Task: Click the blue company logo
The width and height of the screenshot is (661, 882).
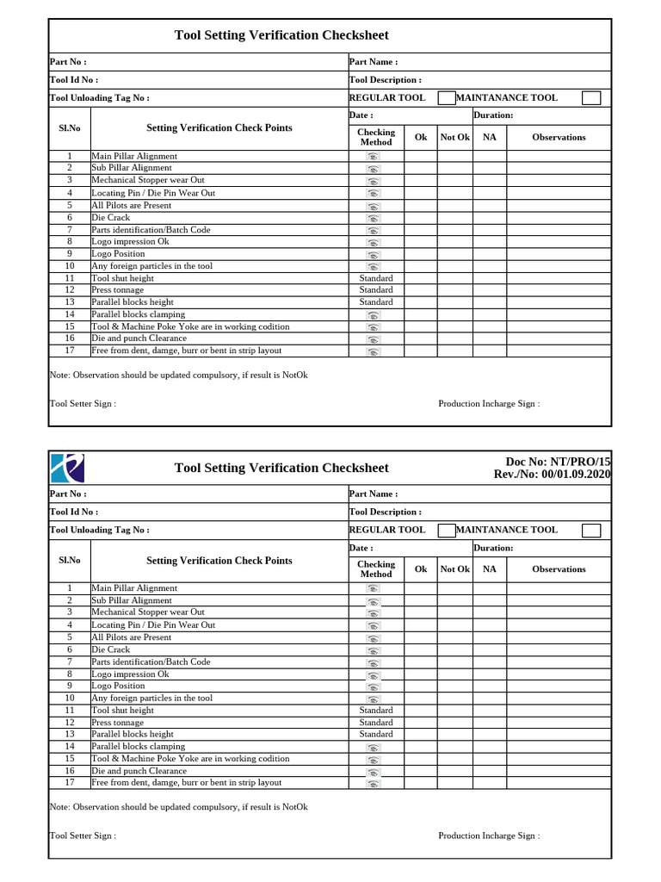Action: tap(68, 468)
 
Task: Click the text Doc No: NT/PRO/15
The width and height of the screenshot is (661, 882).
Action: tap(552, 462)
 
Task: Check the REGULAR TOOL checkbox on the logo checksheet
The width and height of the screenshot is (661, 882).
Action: tap(447, 530)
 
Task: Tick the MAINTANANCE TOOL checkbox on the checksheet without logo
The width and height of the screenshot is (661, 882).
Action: tap(590, 98)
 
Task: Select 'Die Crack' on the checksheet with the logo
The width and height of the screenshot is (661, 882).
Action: tap(111, 649)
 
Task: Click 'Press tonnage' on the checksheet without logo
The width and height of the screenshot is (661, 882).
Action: tap(118, 290)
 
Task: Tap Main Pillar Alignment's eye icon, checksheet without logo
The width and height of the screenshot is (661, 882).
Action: tap(373, 157)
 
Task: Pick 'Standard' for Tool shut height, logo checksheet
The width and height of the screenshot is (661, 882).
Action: tap(376, 711)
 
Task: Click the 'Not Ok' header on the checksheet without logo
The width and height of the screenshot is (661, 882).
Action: tap(455, 137)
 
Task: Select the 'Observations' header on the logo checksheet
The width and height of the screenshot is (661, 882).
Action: tap(559, 569)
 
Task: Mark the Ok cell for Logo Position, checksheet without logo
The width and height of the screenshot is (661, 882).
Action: tap(421, 254)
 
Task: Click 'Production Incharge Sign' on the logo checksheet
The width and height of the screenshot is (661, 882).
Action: tap(489, 835)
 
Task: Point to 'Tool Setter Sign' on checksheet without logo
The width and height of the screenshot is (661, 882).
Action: tap(83, 403)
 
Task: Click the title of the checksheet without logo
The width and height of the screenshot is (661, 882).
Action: tap(281, 35)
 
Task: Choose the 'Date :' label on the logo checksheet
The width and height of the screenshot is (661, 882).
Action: tap(361, 548)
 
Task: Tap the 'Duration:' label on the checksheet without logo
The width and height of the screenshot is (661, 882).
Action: tap(493, 115)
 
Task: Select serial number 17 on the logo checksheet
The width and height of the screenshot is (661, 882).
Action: tap(70, 783)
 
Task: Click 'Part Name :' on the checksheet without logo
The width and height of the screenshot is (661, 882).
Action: tap(373, 62)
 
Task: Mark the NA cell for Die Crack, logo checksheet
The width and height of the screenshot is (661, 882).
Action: tap(489, 649)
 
